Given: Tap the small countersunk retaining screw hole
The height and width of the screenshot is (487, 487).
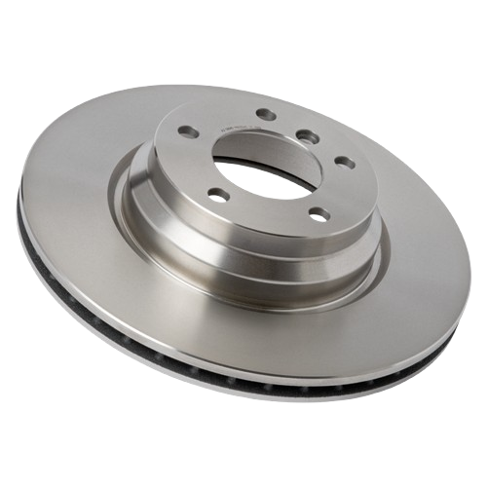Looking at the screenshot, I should click(305, 134).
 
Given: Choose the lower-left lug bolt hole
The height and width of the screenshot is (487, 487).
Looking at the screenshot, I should click(218, 196).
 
